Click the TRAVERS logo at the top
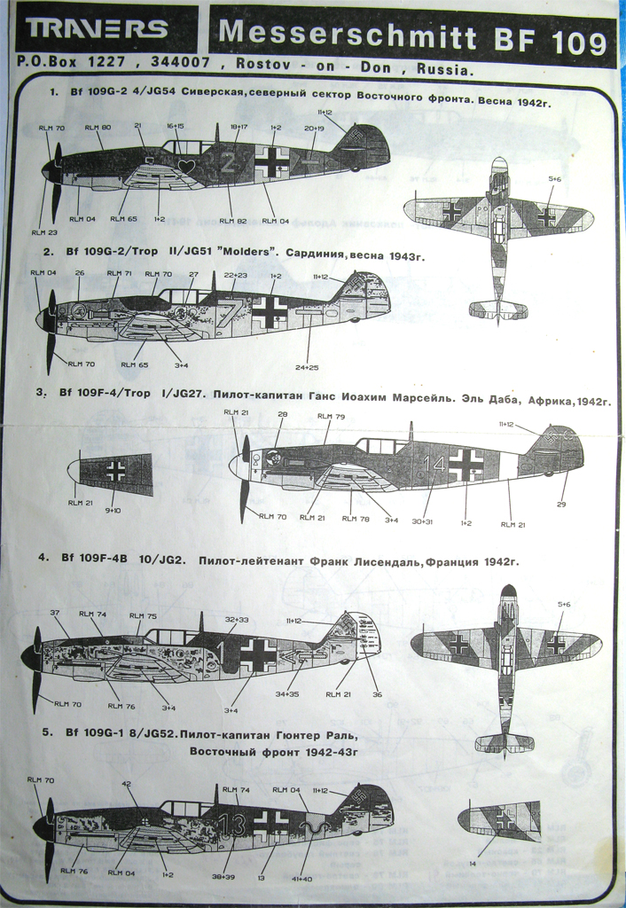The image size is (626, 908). (98, 29)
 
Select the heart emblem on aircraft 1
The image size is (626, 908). (186, 166)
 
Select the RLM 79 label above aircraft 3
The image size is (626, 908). (333, 417)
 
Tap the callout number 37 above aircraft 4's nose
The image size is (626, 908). (54, 613)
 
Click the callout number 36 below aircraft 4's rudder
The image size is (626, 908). (377, 694)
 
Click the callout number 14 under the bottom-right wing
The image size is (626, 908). (472, 863)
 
